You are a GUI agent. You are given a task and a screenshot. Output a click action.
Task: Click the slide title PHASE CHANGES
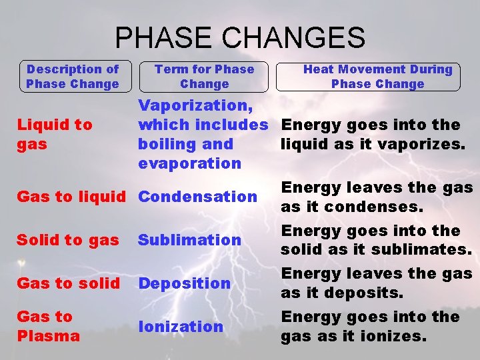pyautogui.click(x=240, y=37)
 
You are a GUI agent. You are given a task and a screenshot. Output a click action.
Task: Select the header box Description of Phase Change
pyautogui.click(x=72, y=77)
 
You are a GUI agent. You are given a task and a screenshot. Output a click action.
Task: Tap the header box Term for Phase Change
pyautogui.click(x=204, y=77)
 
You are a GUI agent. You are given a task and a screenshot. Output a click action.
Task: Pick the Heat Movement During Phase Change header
pyautogui.click(x=377, y=77)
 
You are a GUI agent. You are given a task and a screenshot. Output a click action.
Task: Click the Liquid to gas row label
pyautogui.click(x=55, y=134)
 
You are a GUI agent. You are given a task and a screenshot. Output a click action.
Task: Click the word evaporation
pyautogui.click(x=189, y=163)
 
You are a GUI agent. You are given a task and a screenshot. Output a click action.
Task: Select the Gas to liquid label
pyautogui.click(x=71, y=197)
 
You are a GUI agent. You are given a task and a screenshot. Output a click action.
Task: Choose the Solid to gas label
pyautogui.click(x=68, y=240)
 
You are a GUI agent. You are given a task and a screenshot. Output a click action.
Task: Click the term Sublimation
pyautogui.click(x=189, y=240)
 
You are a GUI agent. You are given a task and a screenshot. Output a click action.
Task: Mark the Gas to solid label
pyautogui.click(x=68, y=283)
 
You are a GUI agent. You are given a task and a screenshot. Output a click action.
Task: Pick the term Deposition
pyautogui.click(x=184, y=283)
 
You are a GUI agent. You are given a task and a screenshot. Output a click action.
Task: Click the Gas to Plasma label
pyautogui.click(x=48, y=326)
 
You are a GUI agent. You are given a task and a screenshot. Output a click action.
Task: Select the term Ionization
pyautogui.click(x=181, y=327)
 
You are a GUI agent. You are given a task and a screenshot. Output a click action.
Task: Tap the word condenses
pyautogui.click(x=384, y=207)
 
